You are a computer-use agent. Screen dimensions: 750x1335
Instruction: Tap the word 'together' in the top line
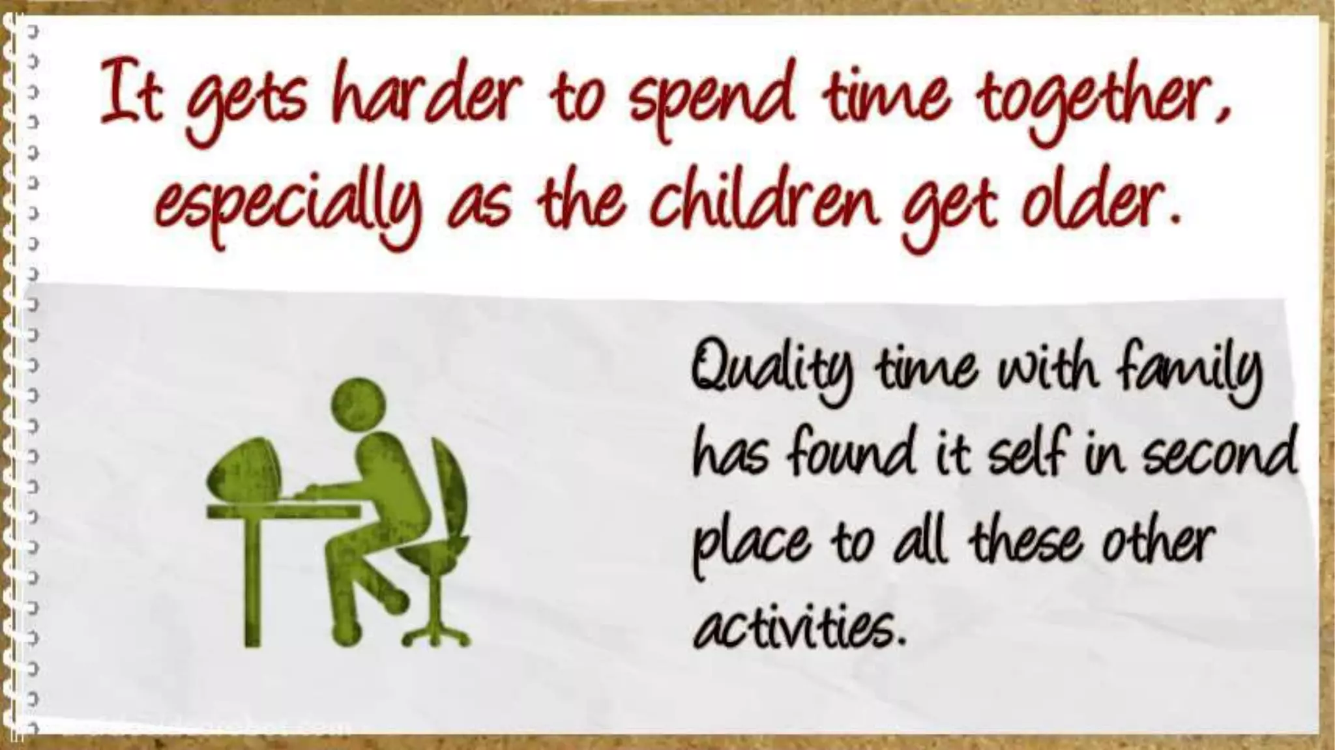pyautogui.click(x=1102, y=104)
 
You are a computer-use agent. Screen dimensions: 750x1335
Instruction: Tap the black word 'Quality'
pyautogui.click(x=769, y=371)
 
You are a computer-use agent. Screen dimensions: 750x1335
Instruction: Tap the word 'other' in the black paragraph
pyautogui.click(x=1157, y=541)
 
